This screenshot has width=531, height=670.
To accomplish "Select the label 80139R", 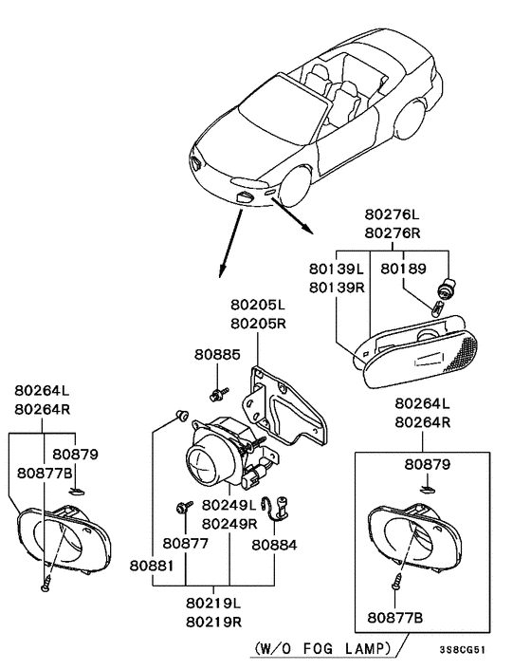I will pyautogui.click(x=335, y=286).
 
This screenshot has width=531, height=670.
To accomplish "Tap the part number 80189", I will pyautogui.click(x=403, y=269).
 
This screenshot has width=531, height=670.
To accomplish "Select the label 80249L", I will pyautogui.click(x=230, y=506).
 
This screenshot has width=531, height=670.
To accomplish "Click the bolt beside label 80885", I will pyautogui.click(x=217, y=391).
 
